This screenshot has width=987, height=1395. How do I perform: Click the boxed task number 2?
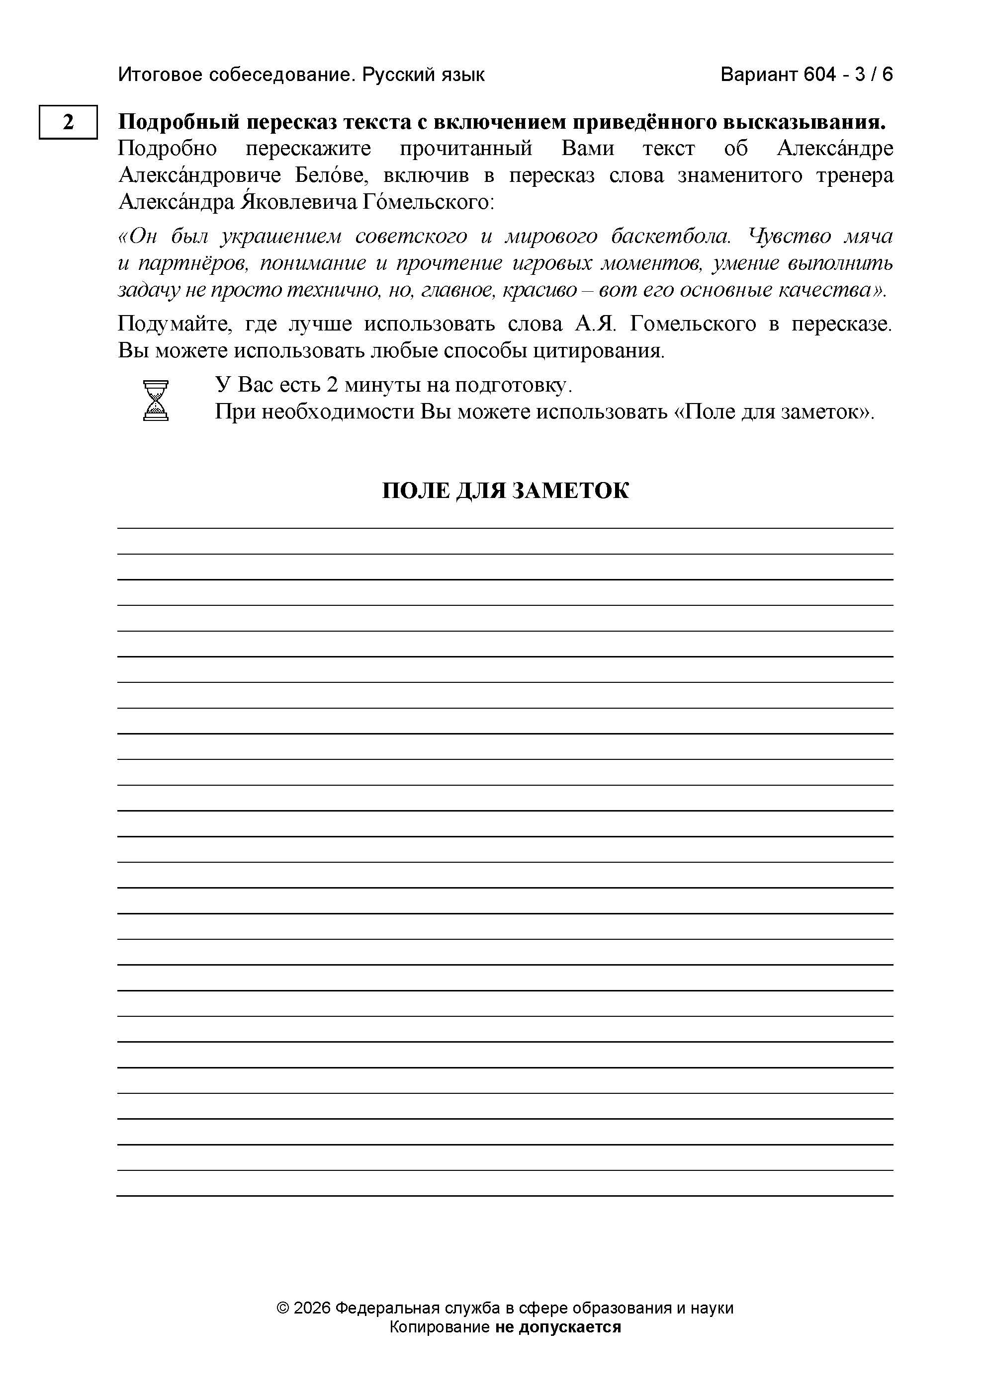click(x=68, y=122)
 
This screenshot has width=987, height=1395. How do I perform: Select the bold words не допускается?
click(x=558, y=1326)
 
